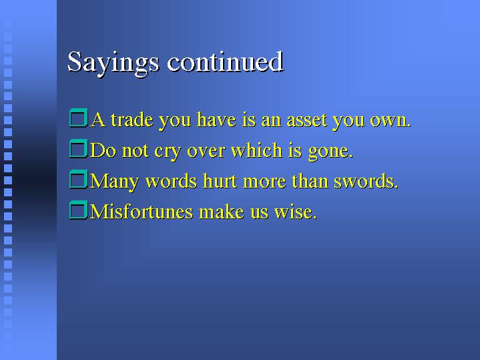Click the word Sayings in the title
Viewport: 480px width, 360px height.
pyautogui.click(x=113, y=63)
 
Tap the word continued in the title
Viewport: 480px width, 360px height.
pyautogui.click(x=225, y=62)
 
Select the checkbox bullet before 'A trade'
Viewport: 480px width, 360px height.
pyautogui.click(x=79, y=118)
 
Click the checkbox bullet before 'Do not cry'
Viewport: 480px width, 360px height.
pyautogui.click(x=79, y=148)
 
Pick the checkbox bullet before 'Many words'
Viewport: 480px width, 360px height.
pyautogui.click(x=79, y=179)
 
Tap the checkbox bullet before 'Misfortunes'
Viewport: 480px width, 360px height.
pyautogui.click(x=79, y=210)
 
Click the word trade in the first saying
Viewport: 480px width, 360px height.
pyautogui.click(x=132, y=120)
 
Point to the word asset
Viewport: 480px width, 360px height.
pyautogui.click(x=306, y=120)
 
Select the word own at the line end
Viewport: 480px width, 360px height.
pyautogui.click(x=391, y=121)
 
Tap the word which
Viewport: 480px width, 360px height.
pyautogui.click(x=256, y=150)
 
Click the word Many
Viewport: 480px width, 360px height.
pyautogui.click(x=114, y=182)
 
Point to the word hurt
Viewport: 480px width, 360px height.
pyautogui.click(x=220, y=181)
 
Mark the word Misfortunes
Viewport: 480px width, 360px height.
pyautogui.click(x=142, y=212)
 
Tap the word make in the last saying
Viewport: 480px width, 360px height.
pyautogui.click(x=222, y=212)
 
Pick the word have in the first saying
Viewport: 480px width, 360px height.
pyautogui.click(x=216, y=120)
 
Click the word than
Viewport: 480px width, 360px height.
pyautogui.click(x=310, y=181)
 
